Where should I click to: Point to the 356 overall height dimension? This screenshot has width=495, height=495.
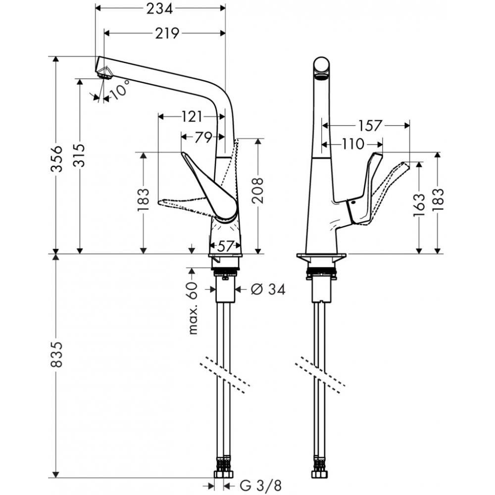57,158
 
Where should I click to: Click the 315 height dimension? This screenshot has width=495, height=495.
80,155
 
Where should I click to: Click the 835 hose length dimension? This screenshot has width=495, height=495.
57,354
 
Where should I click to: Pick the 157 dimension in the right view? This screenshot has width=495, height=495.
370,126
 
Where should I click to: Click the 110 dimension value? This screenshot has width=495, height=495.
353,144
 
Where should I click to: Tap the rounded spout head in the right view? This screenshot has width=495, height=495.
322,68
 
